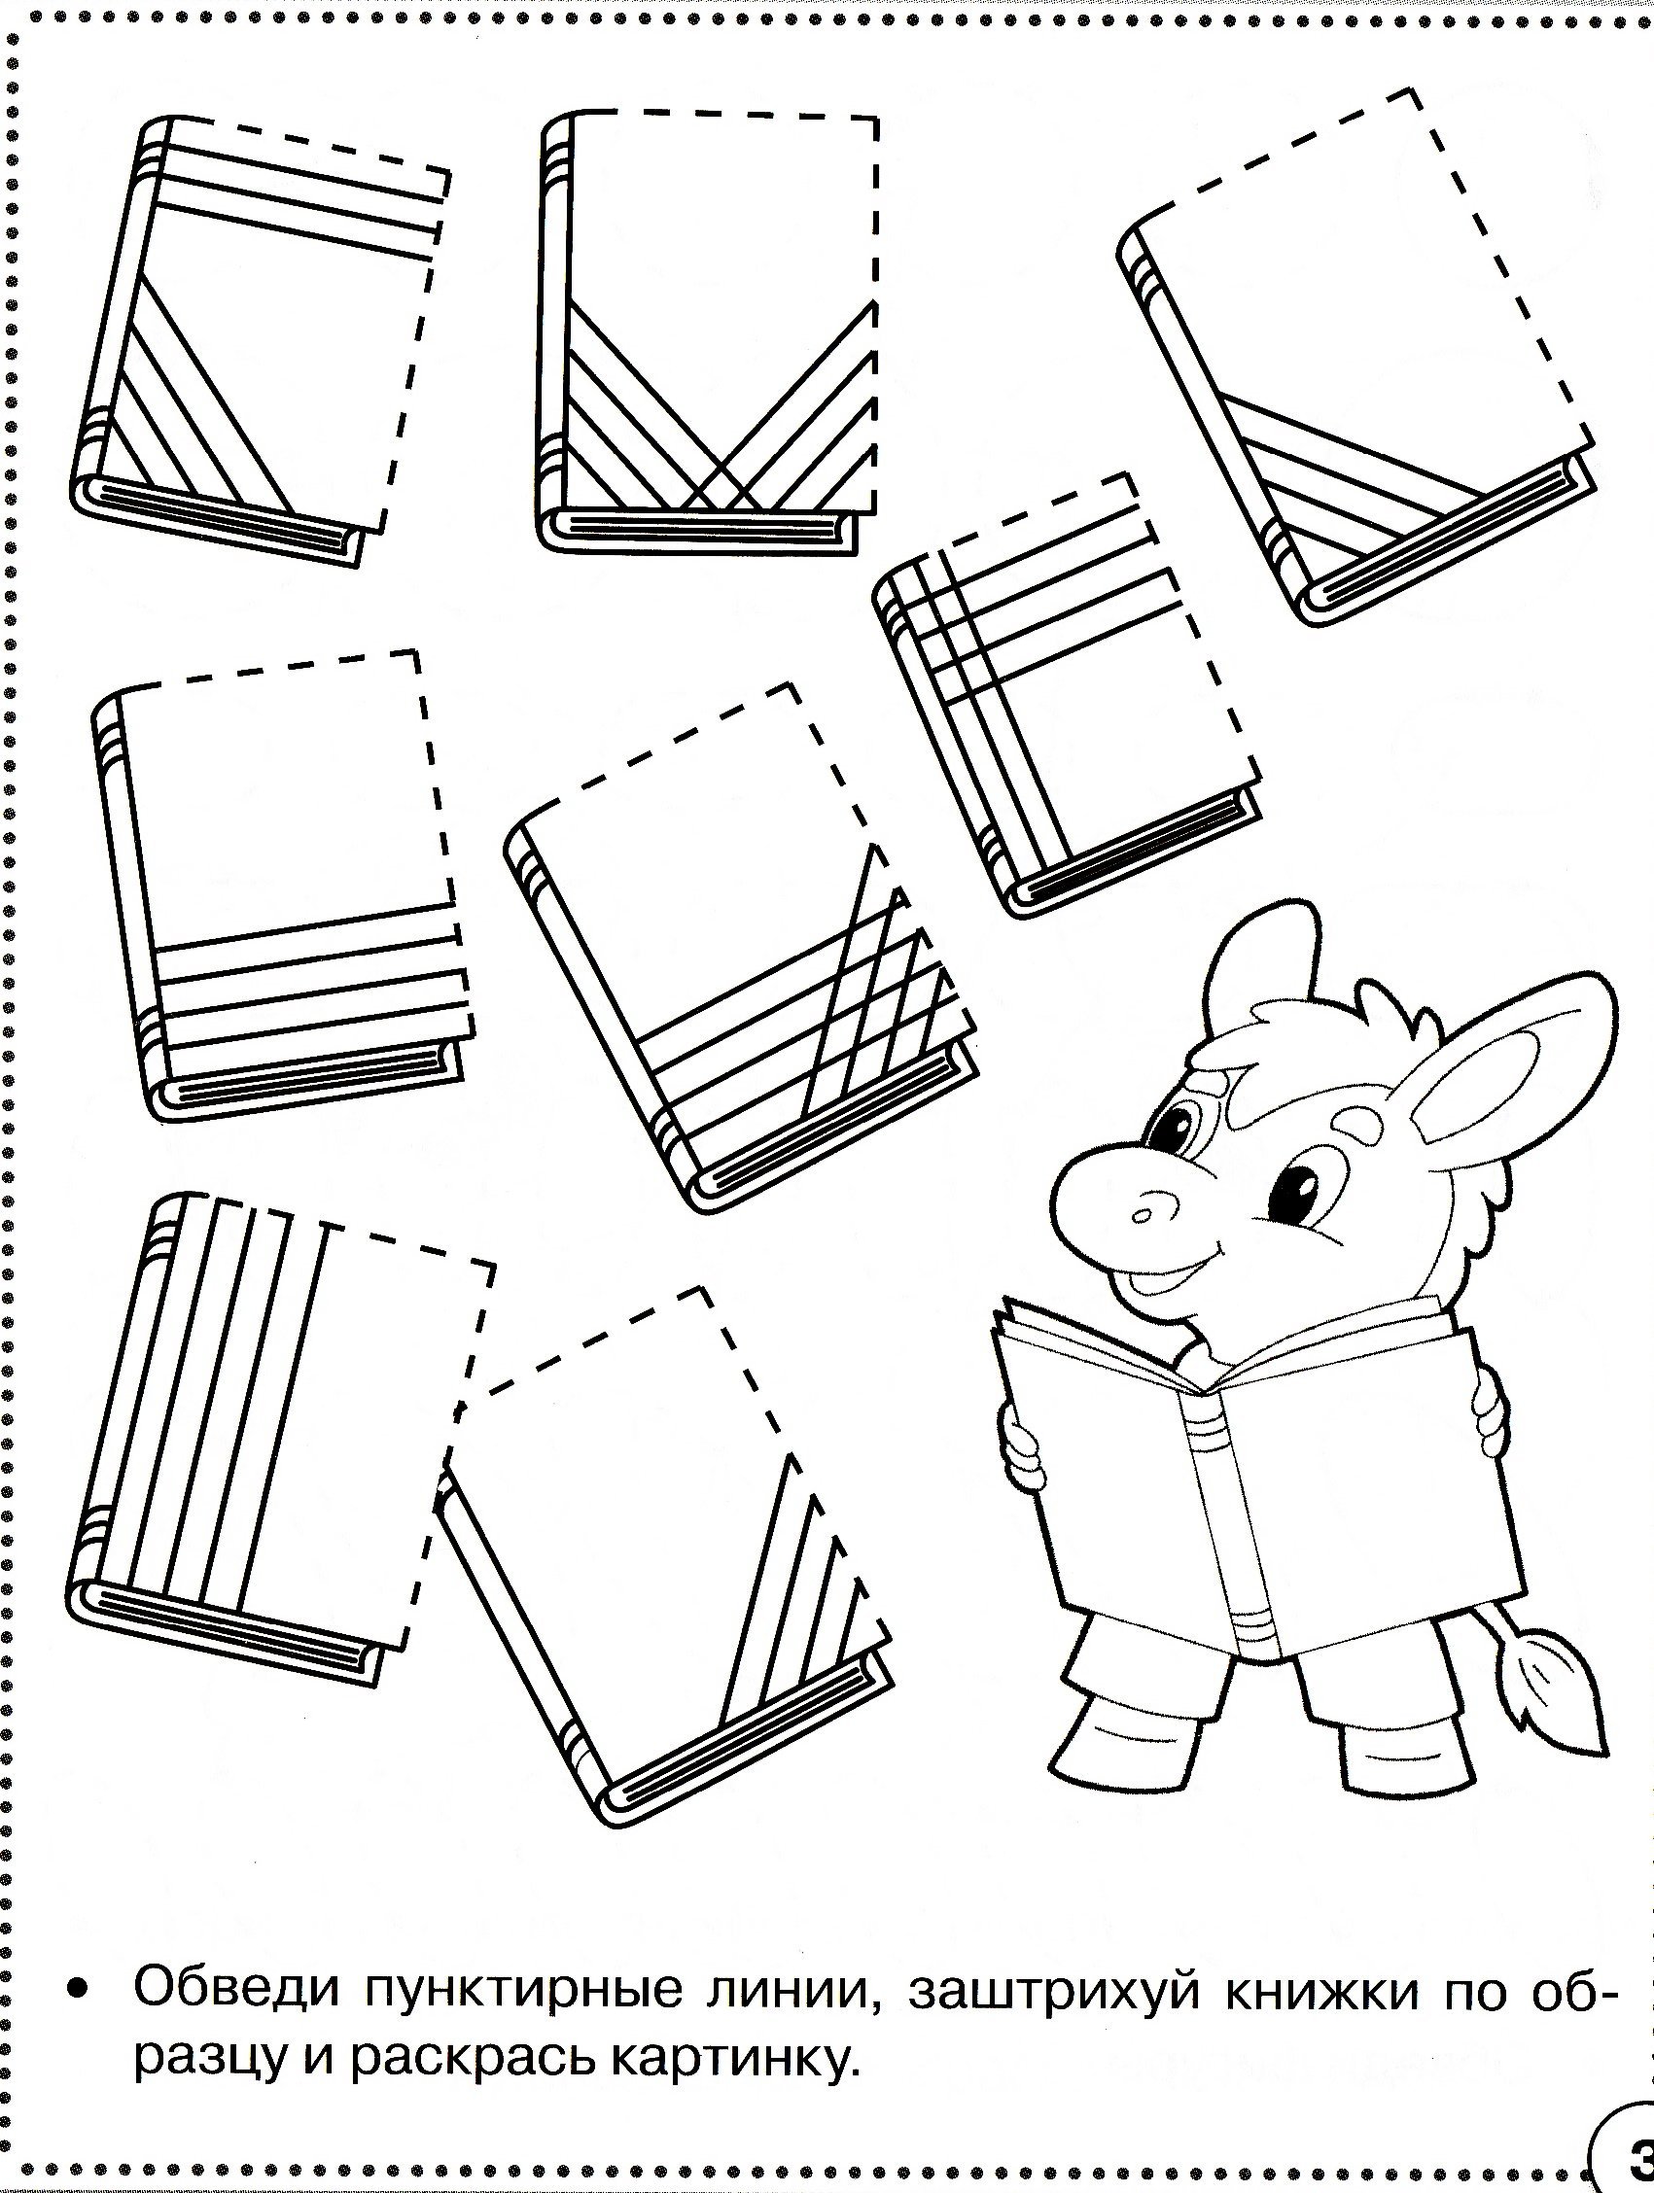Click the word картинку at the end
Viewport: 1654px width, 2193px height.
coord(729,2066)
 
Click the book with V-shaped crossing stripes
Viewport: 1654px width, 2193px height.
coord(710,332)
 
